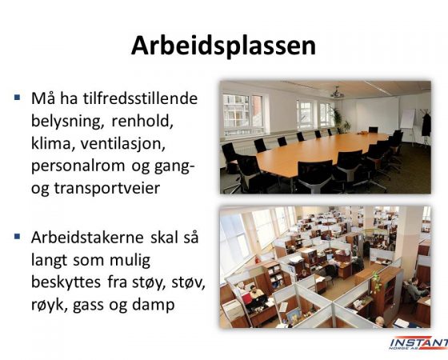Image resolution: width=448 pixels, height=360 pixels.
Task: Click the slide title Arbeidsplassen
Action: (x=223, y=46)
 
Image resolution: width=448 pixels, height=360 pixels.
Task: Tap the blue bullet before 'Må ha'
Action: (x=18, y=98)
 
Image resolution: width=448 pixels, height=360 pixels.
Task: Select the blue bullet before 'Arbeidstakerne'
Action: (x=18, y=237)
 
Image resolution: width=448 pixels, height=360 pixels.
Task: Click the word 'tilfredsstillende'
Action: (x=141, y=98)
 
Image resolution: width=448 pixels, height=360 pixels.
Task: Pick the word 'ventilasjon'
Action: (x=123, y=143)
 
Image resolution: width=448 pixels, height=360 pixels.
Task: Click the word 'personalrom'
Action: (x=78, y=166)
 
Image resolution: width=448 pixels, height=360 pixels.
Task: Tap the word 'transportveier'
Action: (x=107, y=189)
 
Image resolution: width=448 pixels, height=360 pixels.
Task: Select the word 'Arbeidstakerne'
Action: (x=87, y=237)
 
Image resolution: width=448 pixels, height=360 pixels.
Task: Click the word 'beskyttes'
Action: (x=66, y=282)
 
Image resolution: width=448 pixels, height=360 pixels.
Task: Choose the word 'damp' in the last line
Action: (x=153, y=305)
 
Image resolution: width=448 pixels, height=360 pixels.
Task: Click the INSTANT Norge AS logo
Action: (x=418, y=343)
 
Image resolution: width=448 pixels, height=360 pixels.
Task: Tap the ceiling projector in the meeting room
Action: (x=338, y=93)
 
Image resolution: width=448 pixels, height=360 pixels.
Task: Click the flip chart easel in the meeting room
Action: (x=408, y=124)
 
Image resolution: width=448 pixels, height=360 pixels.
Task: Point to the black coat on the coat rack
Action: (x=426, y=125)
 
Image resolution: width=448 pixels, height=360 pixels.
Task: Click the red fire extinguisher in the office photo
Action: (x=258, y=259)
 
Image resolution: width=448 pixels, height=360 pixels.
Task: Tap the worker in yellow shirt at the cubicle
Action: (x=255, y=291)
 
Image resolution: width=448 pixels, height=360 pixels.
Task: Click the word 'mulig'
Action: (x=130, y=260)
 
